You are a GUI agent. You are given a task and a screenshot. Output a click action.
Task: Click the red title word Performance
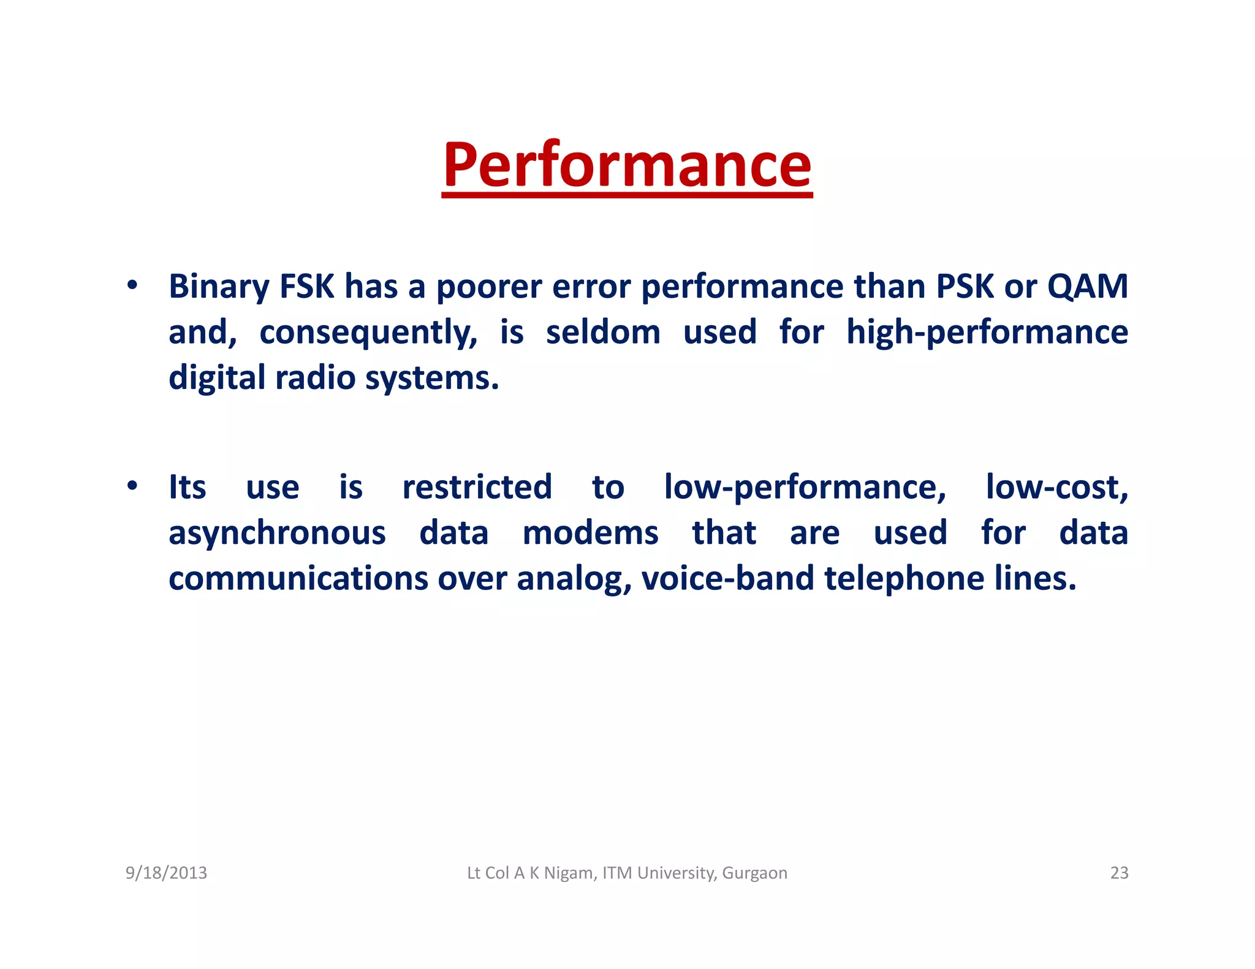(627, 165)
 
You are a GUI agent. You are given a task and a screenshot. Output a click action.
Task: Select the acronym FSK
(306, 287)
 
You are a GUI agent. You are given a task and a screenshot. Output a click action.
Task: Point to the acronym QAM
(1087, 287)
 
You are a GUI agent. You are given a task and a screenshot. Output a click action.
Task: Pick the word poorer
(488, 287)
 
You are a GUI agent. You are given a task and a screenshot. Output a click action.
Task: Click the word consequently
(368, 333)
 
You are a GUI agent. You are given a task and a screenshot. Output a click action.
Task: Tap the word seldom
(603, 333)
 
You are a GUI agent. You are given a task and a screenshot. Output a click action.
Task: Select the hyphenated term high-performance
(987, 333)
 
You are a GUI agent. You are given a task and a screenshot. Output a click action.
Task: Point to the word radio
(315, 378)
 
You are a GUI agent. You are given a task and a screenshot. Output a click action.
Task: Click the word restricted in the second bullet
(477, 488)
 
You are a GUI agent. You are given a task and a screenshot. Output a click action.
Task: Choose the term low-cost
(1056, 488)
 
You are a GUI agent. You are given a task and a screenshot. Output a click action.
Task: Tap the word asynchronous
(277, 533)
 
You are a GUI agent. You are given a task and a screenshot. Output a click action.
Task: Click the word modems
(590, 533)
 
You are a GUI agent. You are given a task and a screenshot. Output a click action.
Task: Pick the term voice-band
(727, 578)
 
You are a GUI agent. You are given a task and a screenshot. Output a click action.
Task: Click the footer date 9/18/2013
(166, 873)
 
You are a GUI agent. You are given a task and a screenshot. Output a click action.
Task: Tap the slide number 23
(1119, 873)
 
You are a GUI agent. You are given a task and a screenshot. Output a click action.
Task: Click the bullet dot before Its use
(132, 486)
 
